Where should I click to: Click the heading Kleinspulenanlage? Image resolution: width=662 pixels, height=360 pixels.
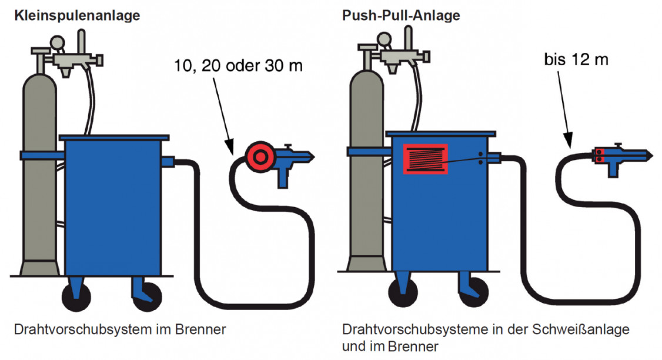pyautogui.click(x=78, y=16)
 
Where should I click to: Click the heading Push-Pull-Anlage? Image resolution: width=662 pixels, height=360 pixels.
pyautogui.click(x=400, y=16)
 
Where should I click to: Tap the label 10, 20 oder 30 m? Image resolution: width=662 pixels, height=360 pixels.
pyautogui.click(x=238, y=65)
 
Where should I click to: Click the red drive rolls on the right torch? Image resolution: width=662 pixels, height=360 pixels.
pyautogui.click(x=599, y=155)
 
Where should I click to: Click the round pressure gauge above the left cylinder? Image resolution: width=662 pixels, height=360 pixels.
pyautogui.click(x=58, y=43)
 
